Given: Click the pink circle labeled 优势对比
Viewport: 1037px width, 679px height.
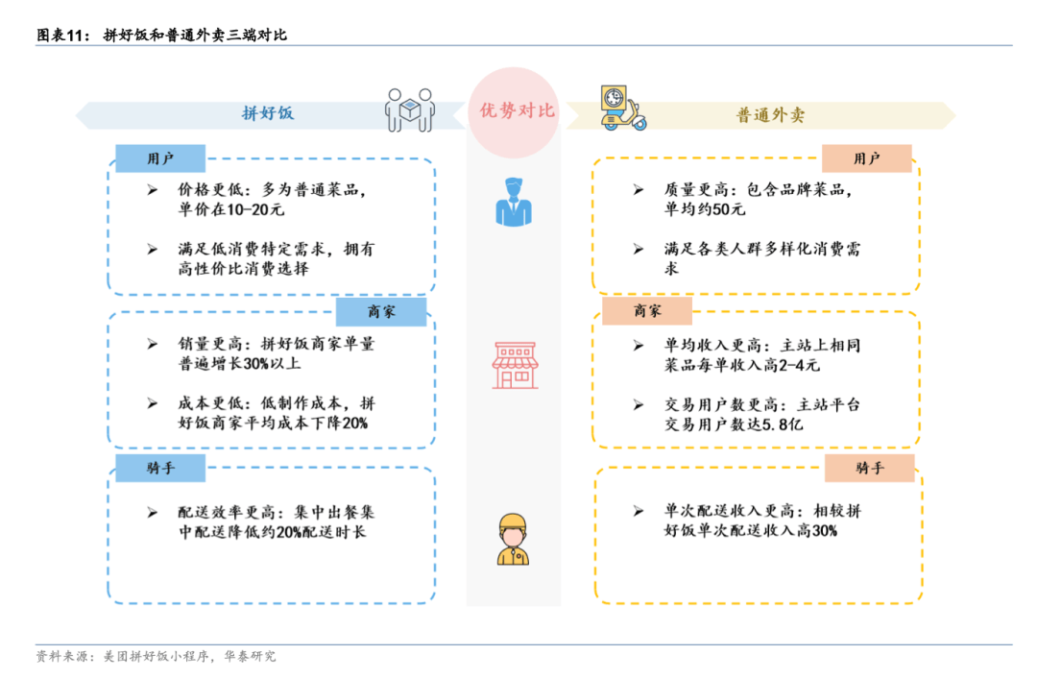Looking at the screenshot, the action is pyautogui.click(x=513, y=111).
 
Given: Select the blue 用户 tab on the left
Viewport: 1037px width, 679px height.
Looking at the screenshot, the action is pyautogui.click(x=160, y=158).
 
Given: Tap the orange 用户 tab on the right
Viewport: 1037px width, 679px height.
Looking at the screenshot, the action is pyautogui.click(x=867, y=158).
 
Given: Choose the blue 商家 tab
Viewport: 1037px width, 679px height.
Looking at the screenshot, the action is pyautogui.click(x=381, y=312).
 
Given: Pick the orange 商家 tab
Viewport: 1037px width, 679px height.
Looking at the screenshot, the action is pyautogui.click(x=647, y=310).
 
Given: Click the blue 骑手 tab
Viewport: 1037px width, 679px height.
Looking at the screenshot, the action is pyautogui.click(x=160, y=468).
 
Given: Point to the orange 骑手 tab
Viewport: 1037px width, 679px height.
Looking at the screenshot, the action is pyautogui.click(x=870, y=468).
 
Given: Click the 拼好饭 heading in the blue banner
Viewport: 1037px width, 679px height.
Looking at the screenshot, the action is pyautogui.click(x=268, y=113).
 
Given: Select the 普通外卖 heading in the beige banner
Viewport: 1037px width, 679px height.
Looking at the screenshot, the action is pyautogui.click(x=770, y=115).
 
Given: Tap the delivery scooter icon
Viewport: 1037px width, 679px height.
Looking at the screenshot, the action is pyautogui.click(x=622, y=108).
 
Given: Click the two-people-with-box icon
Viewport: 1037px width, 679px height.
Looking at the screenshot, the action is pyautogui.click(x=410, y=109).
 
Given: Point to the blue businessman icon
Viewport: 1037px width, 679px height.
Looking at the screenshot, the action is pyautogui.click(x=513, y=202).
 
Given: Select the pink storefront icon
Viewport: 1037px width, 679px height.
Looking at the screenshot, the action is pyautogui.click(x=516, y=365).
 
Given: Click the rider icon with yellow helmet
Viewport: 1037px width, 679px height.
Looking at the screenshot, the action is pyautogui.click(x=513, y=540).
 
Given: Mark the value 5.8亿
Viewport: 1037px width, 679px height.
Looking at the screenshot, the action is pyautogui.click(x=783, y=424).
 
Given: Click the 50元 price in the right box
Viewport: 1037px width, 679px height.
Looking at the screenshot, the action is pyautogui.click(x=729, y=209).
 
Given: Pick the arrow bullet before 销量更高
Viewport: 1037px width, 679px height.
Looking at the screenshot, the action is pyautogui.click(x=153, y=344).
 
